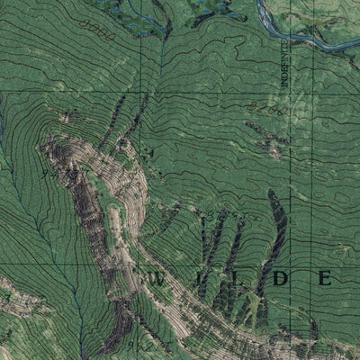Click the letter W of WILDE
click(150, 279)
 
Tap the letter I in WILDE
click(191, 279)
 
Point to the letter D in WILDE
click(280, 279)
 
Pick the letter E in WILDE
click(325, 279)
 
